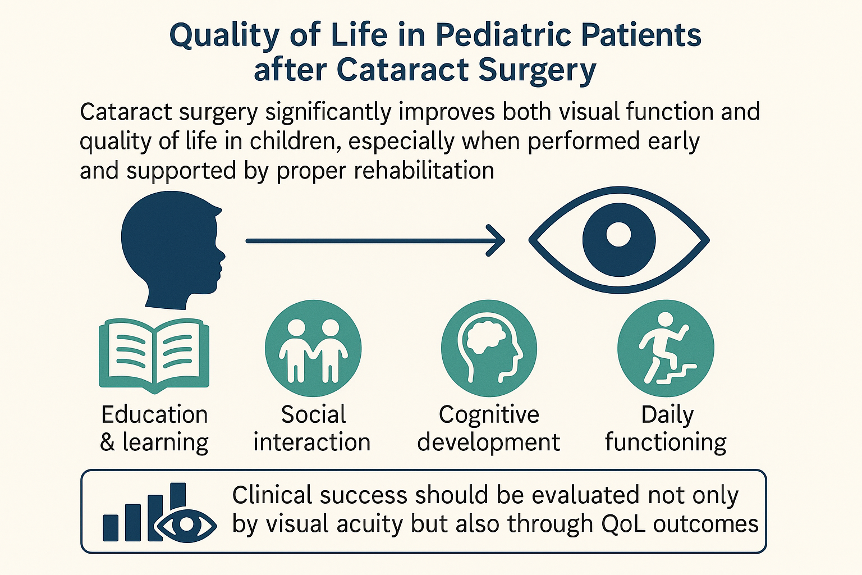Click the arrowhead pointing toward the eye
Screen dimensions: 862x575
point(496,241)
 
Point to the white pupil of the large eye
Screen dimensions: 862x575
point(618,234)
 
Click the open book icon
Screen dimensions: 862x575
point(154,356)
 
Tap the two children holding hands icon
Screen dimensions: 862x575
point(313,348)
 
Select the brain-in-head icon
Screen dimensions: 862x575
point(489,348)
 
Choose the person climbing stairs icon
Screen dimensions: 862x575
point(666,348)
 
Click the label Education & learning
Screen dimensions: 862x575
point(154,428)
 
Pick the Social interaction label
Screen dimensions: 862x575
point(312,428)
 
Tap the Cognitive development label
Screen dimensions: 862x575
point(489,428)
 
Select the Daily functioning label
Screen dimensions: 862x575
point(666,428)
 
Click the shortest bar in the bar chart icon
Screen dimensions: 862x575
point(111,528)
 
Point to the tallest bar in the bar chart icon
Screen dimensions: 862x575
point(178,497)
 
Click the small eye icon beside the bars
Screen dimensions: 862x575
point(187,526)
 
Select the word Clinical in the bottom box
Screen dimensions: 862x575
point(272,495)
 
